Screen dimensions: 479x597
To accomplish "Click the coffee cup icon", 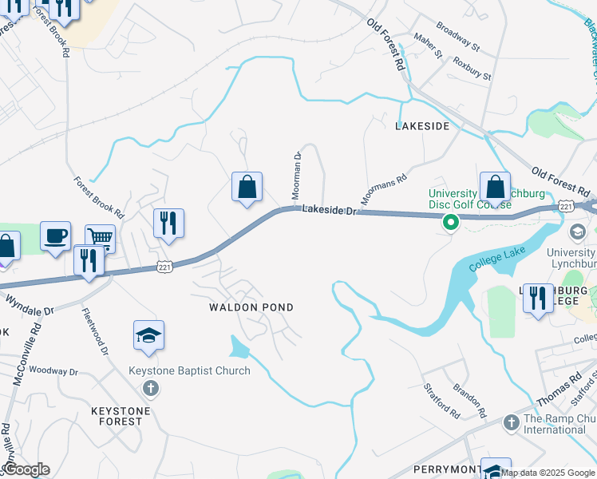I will (55, 236).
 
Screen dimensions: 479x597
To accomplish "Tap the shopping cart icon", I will (101, 238).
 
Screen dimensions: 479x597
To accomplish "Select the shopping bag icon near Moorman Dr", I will (247, 188).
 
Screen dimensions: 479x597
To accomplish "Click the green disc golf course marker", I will (451, 223).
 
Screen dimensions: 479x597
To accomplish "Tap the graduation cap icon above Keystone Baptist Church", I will (148, 336).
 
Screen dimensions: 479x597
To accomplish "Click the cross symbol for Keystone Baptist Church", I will (150, 389).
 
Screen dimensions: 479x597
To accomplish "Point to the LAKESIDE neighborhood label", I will (422, 126).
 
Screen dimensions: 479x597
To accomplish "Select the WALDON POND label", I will (251, 307).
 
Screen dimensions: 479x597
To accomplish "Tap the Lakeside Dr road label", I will (326, 209).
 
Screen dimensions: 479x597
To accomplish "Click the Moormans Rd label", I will (384, 189).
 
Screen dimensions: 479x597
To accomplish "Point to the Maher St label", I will (428, 46).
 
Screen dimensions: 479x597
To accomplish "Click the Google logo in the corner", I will (26, 469).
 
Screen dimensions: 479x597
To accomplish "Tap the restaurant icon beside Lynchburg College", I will (539, 298).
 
